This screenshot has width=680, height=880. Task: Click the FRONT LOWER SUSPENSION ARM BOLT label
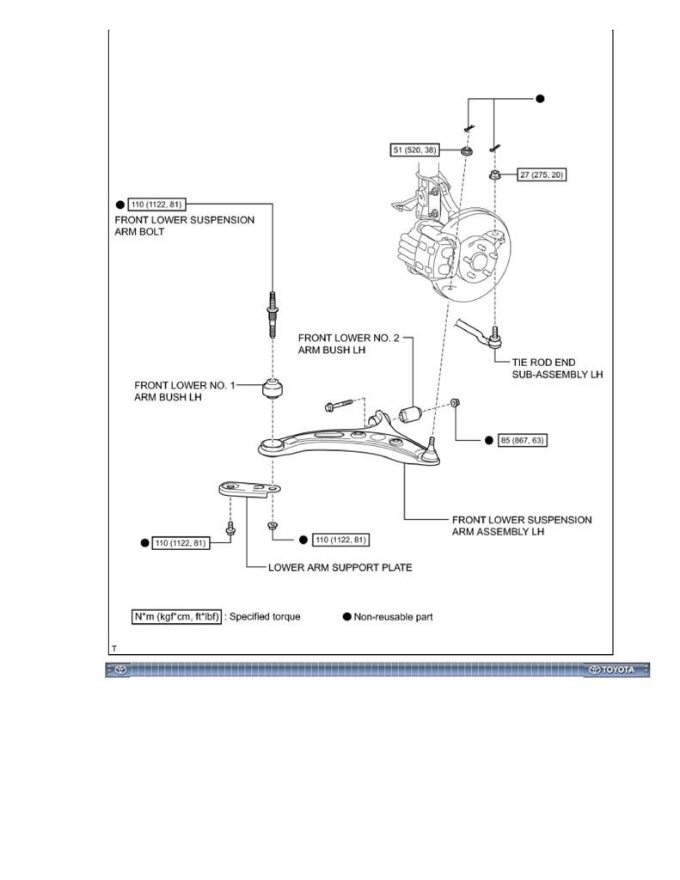point(184,226)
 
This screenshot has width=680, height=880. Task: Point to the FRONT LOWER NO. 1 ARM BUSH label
point(185,391)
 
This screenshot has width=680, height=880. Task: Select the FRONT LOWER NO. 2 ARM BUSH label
point(349,344)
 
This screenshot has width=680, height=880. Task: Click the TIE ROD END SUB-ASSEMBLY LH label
point(557,368)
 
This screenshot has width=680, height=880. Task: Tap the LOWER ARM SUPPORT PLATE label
point(340,567)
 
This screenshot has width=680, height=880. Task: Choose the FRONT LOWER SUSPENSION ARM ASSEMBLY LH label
point(522,526)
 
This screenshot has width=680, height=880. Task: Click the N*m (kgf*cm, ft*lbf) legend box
point(176,616)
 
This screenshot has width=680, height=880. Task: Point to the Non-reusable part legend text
point(393,617)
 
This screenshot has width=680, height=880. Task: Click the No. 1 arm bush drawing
point(273,388)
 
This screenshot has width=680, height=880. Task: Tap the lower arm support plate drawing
point(250,489)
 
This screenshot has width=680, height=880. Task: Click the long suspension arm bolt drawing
point(273,315)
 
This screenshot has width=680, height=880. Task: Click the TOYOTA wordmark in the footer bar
point(617,669)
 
